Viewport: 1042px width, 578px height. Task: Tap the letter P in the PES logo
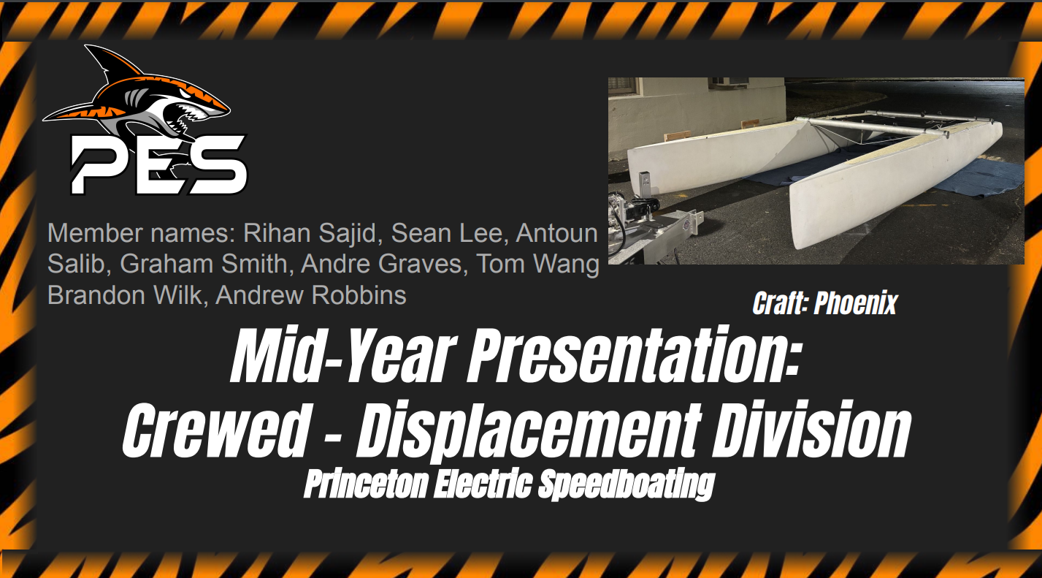99,165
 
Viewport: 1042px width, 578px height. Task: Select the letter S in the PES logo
213,165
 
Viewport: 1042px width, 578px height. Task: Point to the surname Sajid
350,232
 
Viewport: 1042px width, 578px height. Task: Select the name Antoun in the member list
557,232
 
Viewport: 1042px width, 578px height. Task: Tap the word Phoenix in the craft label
855,303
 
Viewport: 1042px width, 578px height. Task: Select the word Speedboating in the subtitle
626,485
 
